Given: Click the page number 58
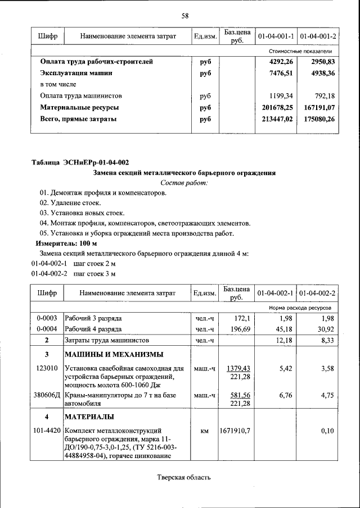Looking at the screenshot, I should tap(184, 16).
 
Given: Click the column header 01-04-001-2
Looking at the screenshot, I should tap(318, 36).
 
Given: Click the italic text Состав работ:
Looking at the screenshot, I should tap(184, 183).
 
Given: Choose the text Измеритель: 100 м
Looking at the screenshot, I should tap(66, 244).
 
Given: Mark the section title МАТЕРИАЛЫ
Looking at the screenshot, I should tap(89, 417).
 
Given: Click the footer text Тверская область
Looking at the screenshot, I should tap(183, 478).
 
